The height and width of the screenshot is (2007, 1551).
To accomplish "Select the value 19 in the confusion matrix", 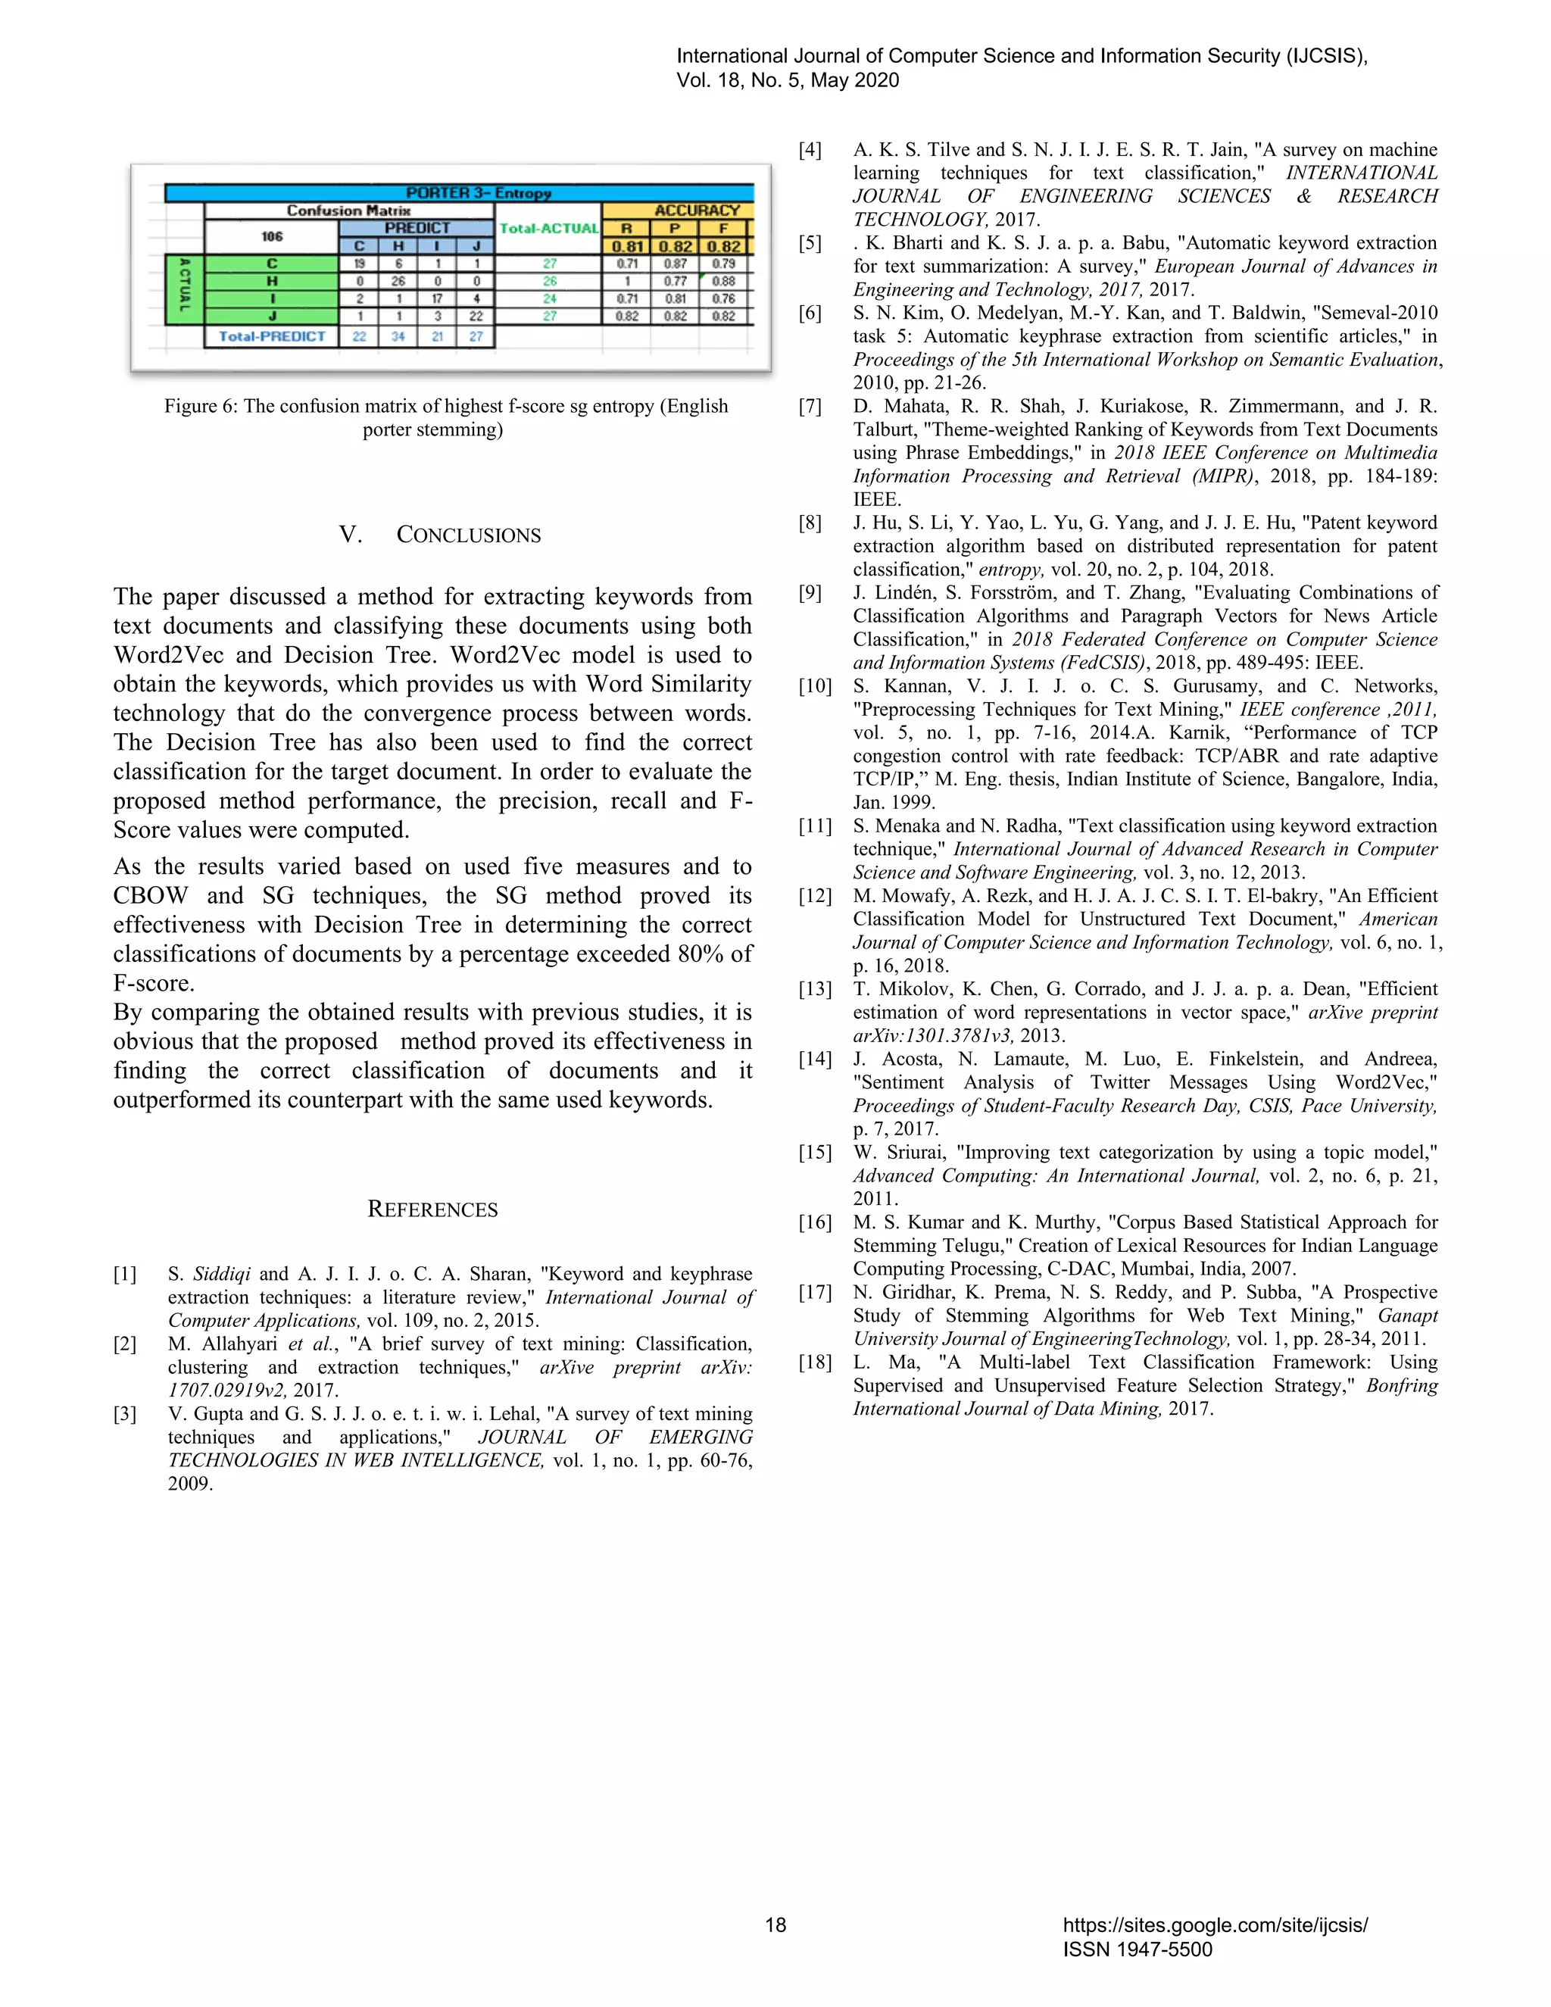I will coord(359,264).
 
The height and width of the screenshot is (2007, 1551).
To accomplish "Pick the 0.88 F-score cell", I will coord(723,281).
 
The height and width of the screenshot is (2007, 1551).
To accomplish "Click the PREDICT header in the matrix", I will coord(417,228).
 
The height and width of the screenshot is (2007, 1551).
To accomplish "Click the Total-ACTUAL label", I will coord(548,228).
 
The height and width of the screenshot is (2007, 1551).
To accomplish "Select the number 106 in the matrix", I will coord(272,236).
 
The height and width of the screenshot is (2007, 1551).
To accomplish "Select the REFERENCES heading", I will coord(432,1210).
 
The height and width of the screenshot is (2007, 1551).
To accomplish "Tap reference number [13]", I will coord(814,990).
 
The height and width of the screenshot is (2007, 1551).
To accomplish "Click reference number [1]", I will coord(125,1275).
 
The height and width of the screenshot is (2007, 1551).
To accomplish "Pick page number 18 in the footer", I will coord(775,1925).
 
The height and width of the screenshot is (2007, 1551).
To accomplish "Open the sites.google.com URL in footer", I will coord(1215,1925).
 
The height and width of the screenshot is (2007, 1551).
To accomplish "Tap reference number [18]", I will coord(814,1362).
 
